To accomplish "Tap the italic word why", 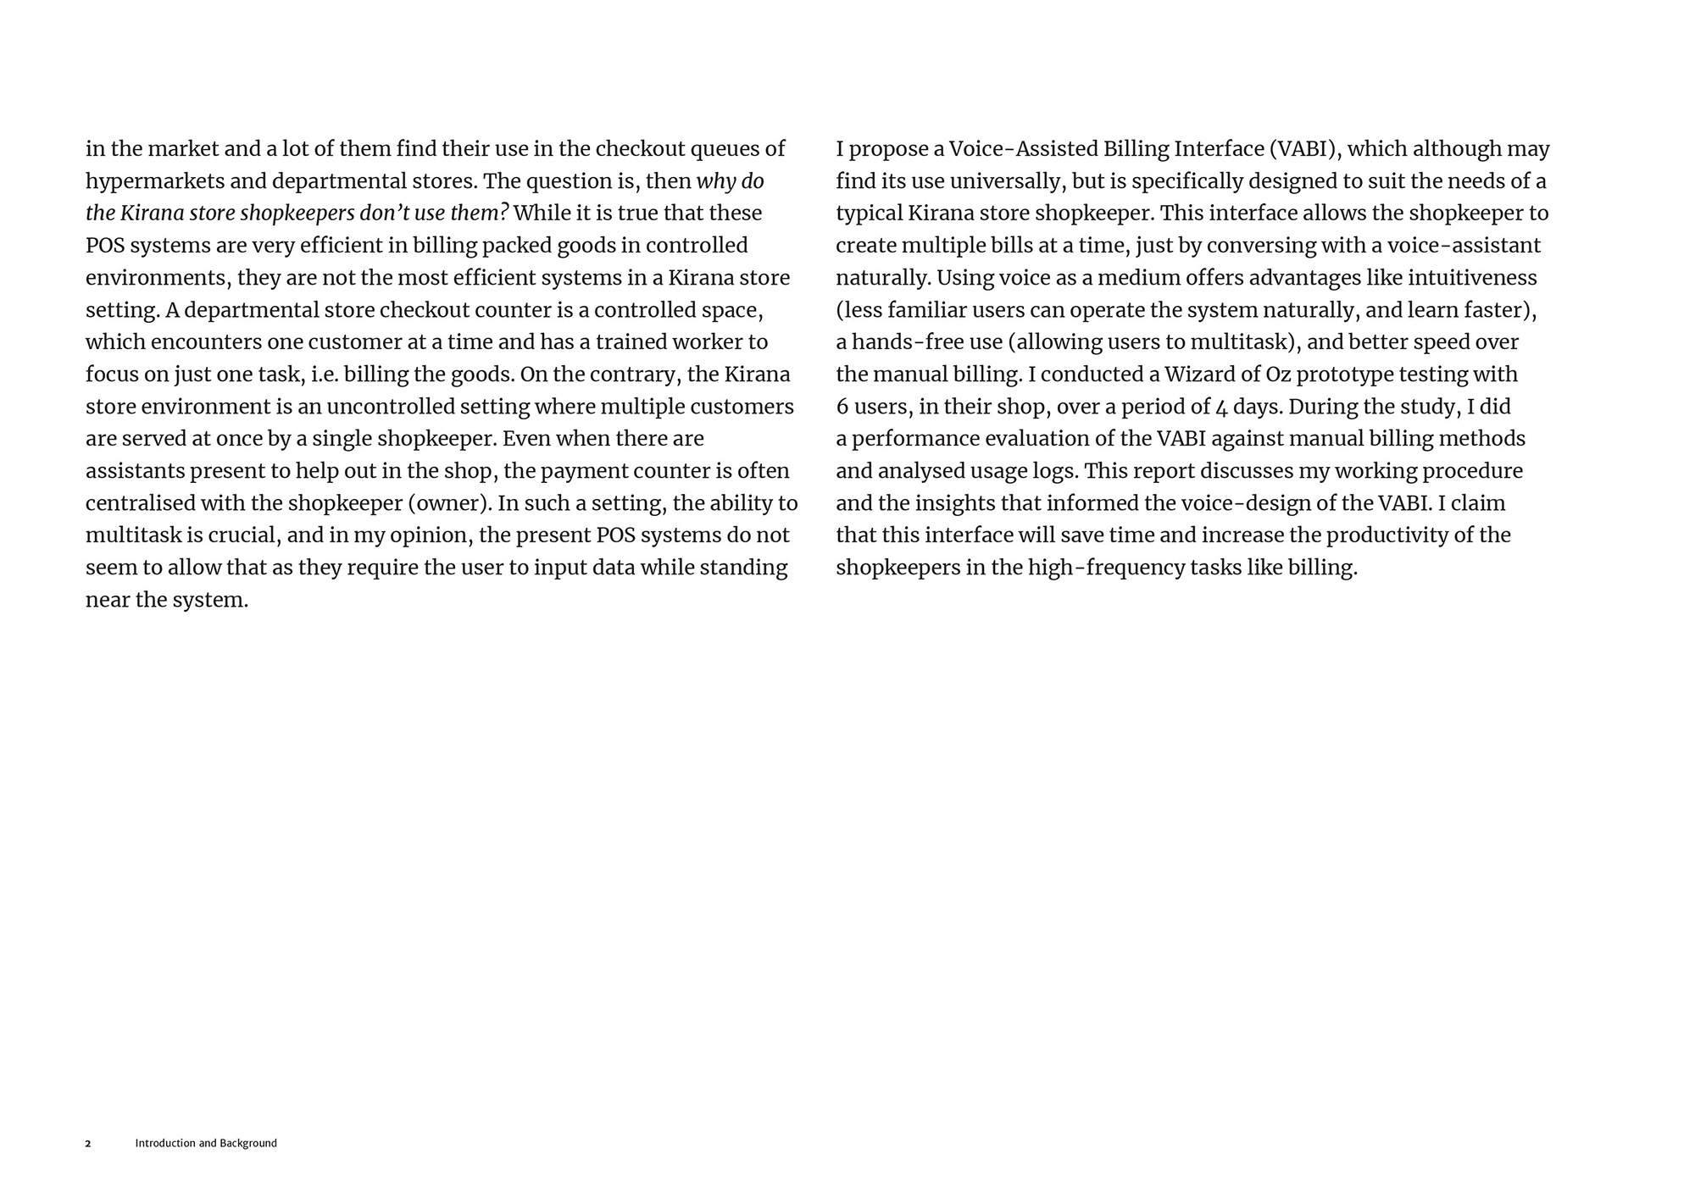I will [714, 181].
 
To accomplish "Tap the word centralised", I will [141, 503].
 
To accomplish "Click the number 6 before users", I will [842, 407].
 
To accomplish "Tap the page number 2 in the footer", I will [88, 1144].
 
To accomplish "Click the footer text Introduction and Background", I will [206, 1144].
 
